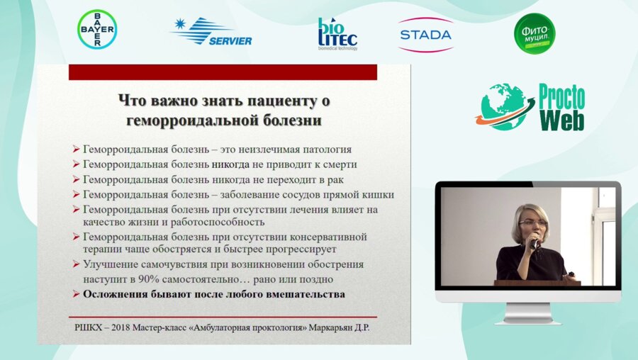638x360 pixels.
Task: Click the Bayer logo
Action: (97, 30)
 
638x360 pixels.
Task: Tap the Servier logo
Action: (211, 32)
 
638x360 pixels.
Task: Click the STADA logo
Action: (425, 34)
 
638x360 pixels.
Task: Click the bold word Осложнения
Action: (117, 293)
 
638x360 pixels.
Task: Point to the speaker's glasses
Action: (532, 223)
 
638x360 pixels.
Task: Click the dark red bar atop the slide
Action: (223, 72)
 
